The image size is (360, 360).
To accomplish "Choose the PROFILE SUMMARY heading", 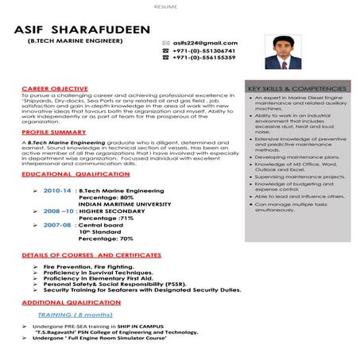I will [x=54, y=132].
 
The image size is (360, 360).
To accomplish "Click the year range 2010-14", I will [x=57, y=191].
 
